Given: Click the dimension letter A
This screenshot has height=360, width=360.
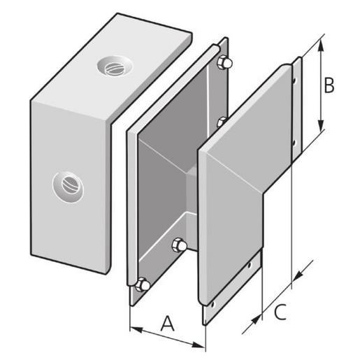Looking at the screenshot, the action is click(x=168, y=323).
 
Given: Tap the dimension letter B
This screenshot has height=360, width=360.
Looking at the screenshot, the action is click(x=329, y=85).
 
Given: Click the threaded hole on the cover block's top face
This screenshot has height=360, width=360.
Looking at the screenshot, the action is click(x=115, y=66).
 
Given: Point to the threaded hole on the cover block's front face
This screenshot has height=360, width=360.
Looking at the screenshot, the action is click(x=68, y=187).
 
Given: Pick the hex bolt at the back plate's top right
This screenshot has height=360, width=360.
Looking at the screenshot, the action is click(x=224, y=62).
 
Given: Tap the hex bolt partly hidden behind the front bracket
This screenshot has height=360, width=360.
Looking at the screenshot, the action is click(x=222, y=122).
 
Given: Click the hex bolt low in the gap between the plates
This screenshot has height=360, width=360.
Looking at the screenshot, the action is click(x=179, y=245).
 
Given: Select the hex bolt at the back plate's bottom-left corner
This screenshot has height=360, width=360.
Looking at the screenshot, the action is click(x=142, y=285).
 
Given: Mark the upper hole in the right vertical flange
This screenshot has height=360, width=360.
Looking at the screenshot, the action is click(x=294, y=80).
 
